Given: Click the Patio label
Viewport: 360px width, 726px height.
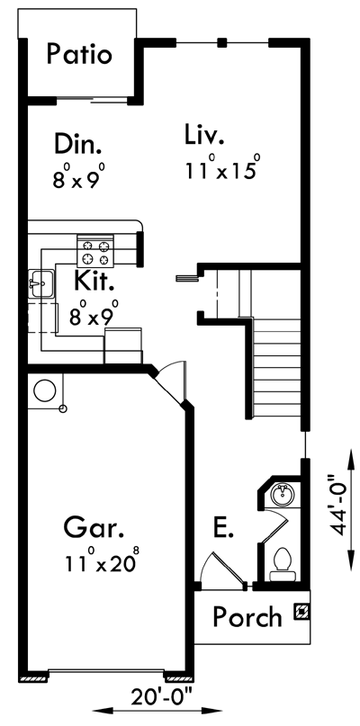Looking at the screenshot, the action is pos(79,54).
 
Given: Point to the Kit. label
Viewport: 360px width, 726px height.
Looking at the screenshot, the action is pos(94,280).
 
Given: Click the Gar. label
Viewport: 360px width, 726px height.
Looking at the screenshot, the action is pos(94,527).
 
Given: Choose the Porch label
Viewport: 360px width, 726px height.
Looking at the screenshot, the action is pos(247,616).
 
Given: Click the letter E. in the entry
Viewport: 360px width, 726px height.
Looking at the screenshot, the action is pos(223,528).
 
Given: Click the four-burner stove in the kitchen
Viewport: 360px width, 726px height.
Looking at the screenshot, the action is pos(95,251).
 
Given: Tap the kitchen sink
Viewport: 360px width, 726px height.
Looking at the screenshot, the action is pos(40,283).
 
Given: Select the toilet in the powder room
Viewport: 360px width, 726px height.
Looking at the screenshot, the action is pos(283,564).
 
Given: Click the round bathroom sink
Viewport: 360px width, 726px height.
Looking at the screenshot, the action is pos(283,496).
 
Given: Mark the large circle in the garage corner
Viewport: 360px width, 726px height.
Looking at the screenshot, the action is pos(45,391).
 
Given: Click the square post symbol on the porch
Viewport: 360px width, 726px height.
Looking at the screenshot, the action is pos(301,612).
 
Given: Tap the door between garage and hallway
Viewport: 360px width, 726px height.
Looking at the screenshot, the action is pos(170,383).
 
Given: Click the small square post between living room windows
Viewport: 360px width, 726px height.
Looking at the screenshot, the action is pos(222,43).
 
